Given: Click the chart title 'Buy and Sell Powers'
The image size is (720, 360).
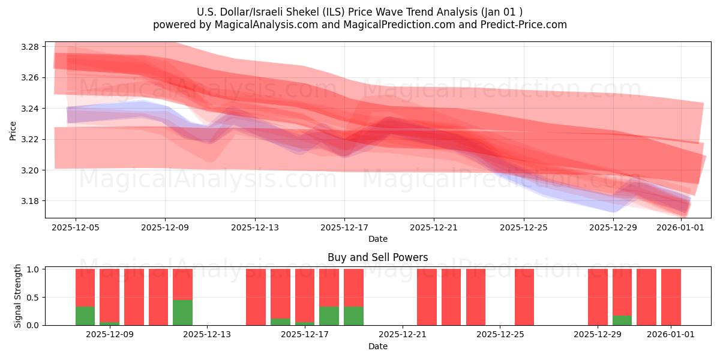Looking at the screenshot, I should pos(377,257).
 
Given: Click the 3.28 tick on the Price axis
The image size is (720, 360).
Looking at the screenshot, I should pos(30,47).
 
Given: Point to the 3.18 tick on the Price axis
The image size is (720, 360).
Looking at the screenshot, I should pos(30,201).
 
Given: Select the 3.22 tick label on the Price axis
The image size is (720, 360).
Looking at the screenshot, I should pos(30,139).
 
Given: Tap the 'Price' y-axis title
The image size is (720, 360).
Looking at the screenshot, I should pos(13,130).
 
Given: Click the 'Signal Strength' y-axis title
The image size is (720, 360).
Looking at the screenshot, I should pos(18,296).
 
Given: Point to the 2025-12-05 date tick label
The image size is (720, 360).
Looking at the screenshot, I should pos(76,227).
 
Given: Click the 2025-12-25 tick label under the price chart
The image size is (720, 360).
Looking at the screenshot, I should pos(524,227).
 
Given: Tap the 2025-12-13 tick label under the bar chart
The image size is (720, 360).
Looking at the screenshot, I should pos(207,334).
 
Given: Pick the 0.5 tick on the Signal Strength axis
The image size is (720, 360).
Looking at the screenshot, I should pos(33,297).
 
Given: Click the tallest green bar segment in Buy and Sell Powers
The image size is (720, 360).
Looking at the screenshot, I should pos(182,313).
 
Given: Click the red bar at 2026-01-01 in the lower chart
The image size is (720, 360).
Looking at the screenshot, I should pos(671,297).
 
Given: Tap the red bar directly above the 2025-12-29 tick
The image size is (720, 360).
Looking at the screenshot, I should pos(598,297).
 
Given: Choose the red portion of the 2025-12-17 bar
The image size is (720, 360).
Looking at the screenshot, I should pos(329,288).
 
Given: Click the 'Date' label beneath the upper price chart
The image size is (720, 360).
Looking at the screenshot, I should pos(377,239).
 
